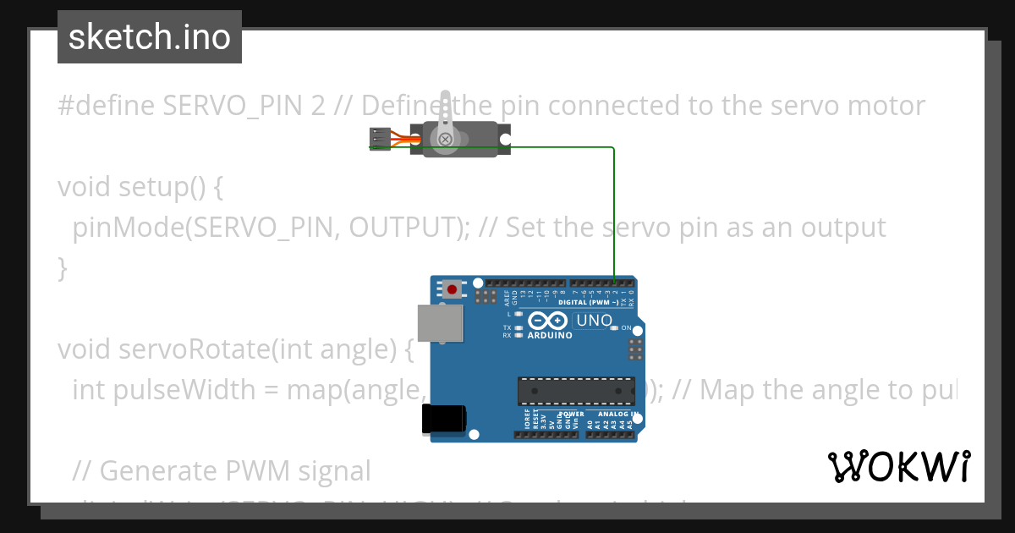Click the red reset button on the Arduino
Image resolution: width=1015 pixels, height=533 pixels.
[x=452, y=289]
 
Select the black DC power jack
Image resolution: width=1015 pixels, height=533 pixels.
[x=443, y=419]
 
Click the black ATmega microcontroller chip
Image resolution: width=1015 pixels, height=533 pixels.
[x=576, y=391]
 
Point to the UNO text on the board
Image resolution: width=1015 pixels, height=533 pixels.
[x=593, y=321]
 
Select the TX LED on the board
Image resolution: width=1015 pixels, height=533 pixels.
[x=518, y=327]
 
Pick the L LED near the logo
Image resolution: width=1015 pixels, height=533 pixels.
[x=518, y=314]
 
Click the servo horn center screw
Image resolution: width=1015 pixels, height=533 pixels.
[x=445, y=138]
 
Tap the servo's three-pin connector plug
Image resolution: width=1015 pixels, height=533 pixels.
[x=380, y=139]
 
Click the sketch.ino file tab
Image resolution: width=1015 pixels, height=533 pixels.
[x=150, y=37]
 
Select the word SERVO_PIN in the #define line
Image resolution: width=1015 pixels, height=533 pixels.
[x=224, y=106]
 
